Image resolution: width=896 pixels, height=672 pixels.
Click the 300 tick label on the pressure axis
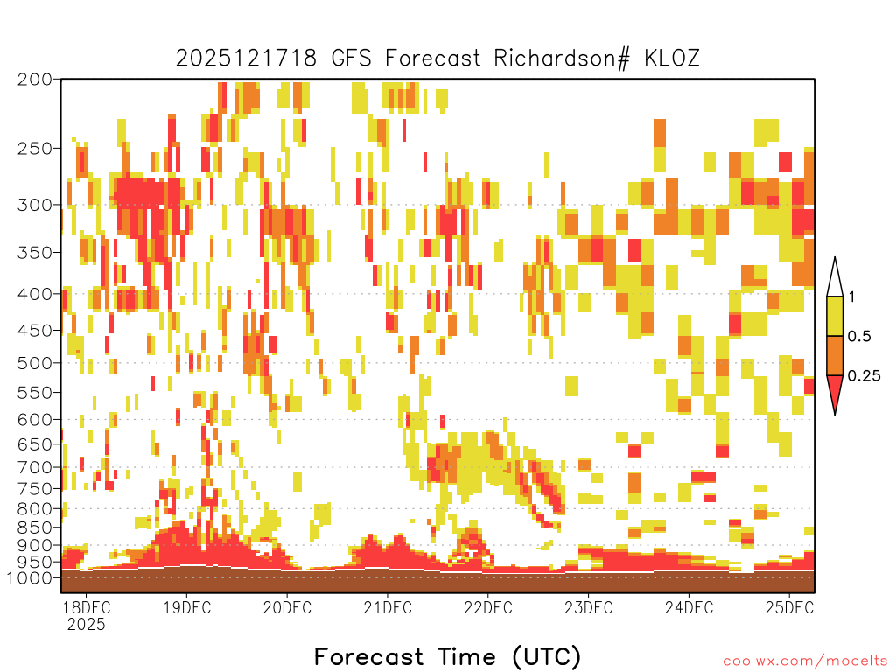[x=34, y=205]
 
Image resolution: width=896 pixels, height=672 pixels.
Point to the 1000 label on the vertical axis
[x=29, y=577]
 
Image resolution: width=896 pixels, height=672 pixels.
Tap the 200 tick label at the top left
[x=34, y=80]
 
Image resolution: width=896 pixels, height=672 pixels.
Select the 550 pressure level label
[x=34, y=393]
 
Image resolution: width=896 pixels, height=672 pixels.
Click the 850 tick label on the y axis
[x=34, y=527]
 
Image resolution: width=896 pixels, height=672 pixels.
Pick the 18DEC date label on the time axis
[x=87, y=607]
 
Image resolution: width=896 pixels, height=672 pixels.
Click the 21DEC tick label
[x=388, y=607]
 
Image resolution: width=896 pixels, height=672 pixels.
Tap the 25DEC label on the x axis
[x=789, y=607]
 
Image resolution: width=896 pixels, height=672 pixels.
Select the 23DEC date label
[x=589, y=607]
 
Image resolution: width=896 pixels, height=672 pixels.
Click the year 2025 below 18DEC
[x=87, y=624]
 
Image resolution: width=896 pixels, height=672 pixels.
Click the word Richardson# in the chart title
[x=562, y=59]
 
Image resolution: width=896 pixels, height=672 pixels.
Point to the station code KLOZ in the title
[x=672, y=59]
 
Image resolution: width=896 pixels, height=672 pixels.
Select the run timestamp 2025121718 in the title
[x=246, y=59]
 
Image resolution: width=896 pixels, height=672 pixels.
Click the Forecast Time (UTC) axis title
[x=447, y=656]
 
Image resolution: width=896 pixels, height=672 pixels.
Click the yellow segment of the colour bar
[x=835, y=316]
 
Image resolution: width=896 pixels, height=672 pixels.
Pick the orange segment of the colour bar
[x=835, y=355]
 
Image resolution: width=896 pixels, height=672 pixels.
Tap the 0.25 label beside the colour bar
[x=864, y=376]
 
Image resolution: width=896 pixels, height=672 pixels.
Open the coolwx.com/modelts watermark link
[x=806, y=661]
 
